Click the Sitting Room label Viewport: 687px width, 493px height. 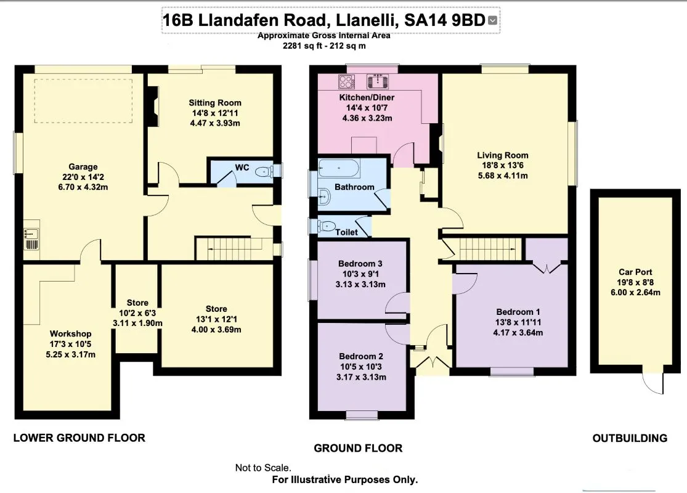[x=214, y=103]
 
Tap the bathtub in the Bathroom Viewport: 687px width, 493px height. [x=338, y=168]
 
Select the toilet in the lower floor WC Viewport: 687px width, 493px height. [x=265, y=172]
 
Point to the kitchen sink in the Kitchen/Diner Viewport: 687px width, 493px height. [x=376, y=81]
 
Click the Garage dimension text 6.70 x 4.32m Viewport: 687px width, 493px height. [x=83, y=187]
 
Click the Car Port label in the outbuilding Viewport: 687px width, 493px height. [x=635, y=272]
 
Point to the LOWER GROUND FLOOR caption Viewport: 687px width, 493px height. [x=79, y=438]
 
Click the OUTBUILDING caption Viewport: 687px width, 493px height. [x=630, y=438]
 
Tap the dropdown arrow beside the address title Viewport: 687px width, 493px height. [x=492, y=20]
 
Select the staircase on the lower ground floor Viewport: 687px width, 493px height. [x=234, y=249]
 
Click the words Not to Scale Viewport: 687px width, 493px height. [x=264, y=468]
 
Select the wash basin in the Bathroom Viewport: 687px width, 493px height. [x=325, y=197]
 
